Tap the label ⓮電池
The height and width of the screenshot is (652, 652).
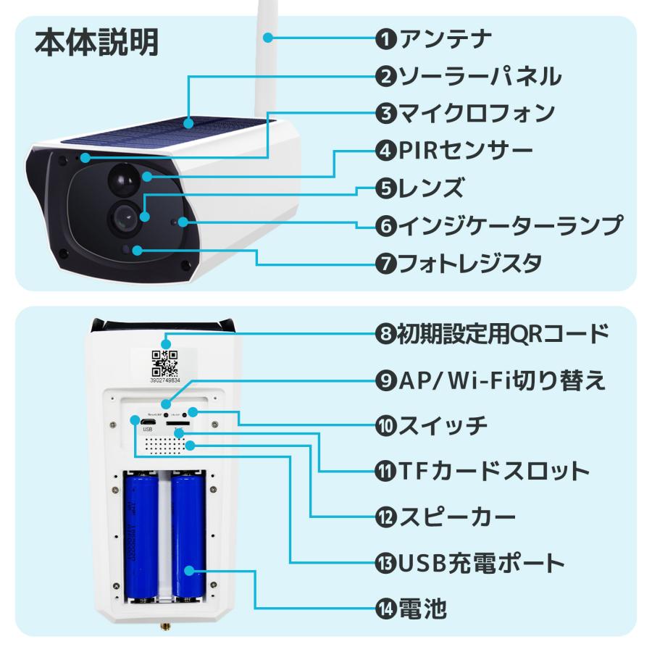410,607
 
